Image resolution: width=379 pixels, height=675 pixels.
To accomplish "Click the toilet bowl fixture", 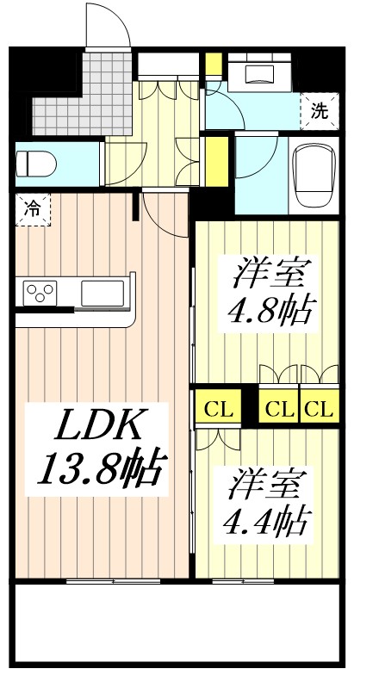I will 40,163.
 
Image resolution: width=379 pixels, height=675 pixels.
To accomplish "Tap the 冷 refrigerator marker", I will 32,209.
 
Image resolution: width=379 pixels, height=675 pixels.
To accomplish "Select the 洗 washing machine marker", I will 319,110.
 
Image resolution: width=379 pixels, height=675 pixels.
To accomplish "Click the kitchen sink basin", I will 103,294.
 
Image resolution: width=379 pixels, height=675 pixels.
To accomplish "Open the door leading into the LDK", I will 164,215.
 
